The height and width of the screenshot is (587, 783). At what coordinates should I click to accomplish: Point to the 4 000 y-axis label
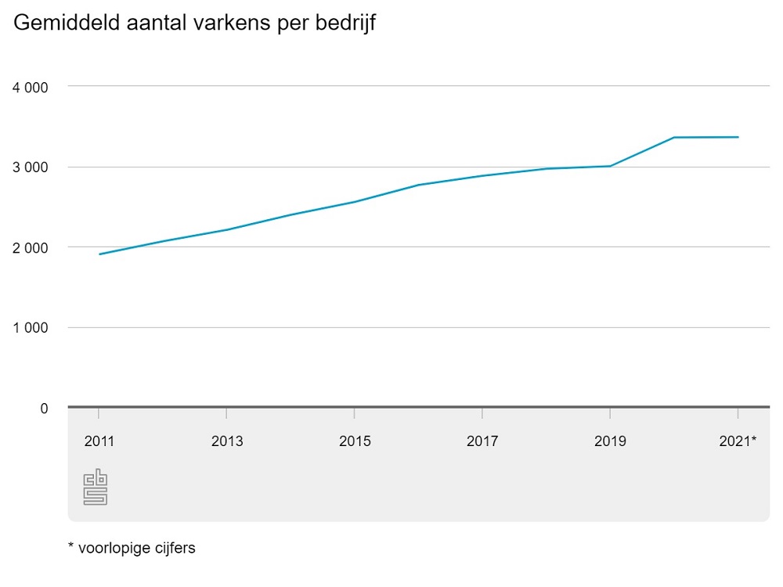(31, 86)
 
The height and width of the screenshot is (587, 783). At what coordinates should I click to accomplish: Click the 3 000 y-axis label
(31, 167)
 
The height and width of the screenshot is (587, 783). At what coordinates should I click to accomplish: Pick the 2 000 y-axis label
(31, 247)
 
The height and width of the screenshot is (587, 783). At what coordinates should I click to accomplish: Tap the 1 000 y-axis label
(31, 328)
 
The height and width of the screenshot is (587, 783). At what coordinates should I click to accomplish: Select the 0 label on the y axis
(45, 408)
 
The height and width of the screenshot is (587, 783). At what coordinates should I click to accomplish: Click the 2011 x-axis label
(99, 441)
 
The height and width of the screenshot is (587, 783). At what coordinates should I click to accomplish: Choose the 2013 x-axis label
(227, 441)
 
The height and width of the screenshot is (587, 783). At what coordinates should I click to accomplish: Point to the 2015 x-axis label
(355, 441)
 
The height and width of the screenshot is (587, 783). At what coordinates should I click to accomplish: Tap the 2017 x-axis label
(482, 441)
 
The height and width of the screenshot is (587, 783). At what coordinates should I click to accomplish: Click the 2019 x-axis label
(610, 441)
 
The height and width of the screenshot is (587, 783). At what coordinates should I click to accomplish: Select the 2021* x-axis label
(738, 441)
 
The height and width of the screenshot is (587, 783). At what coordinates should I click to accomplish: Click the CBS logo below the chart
(95, 487)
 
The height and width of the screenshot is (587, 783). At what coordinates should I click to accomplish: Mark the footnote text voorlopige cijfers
(136, 548)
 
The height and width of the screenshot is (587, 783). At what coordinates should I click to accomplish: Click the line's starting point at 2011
(99, 254)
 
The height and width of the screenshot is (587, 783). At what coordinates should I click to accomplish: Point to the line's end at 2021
(738, 137)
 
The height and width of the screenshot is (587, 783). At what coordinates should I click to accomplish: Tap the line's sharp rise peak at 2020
(674, 138)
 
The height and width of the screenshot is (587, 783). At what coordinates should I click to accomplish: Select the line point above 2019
(610, 166)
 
